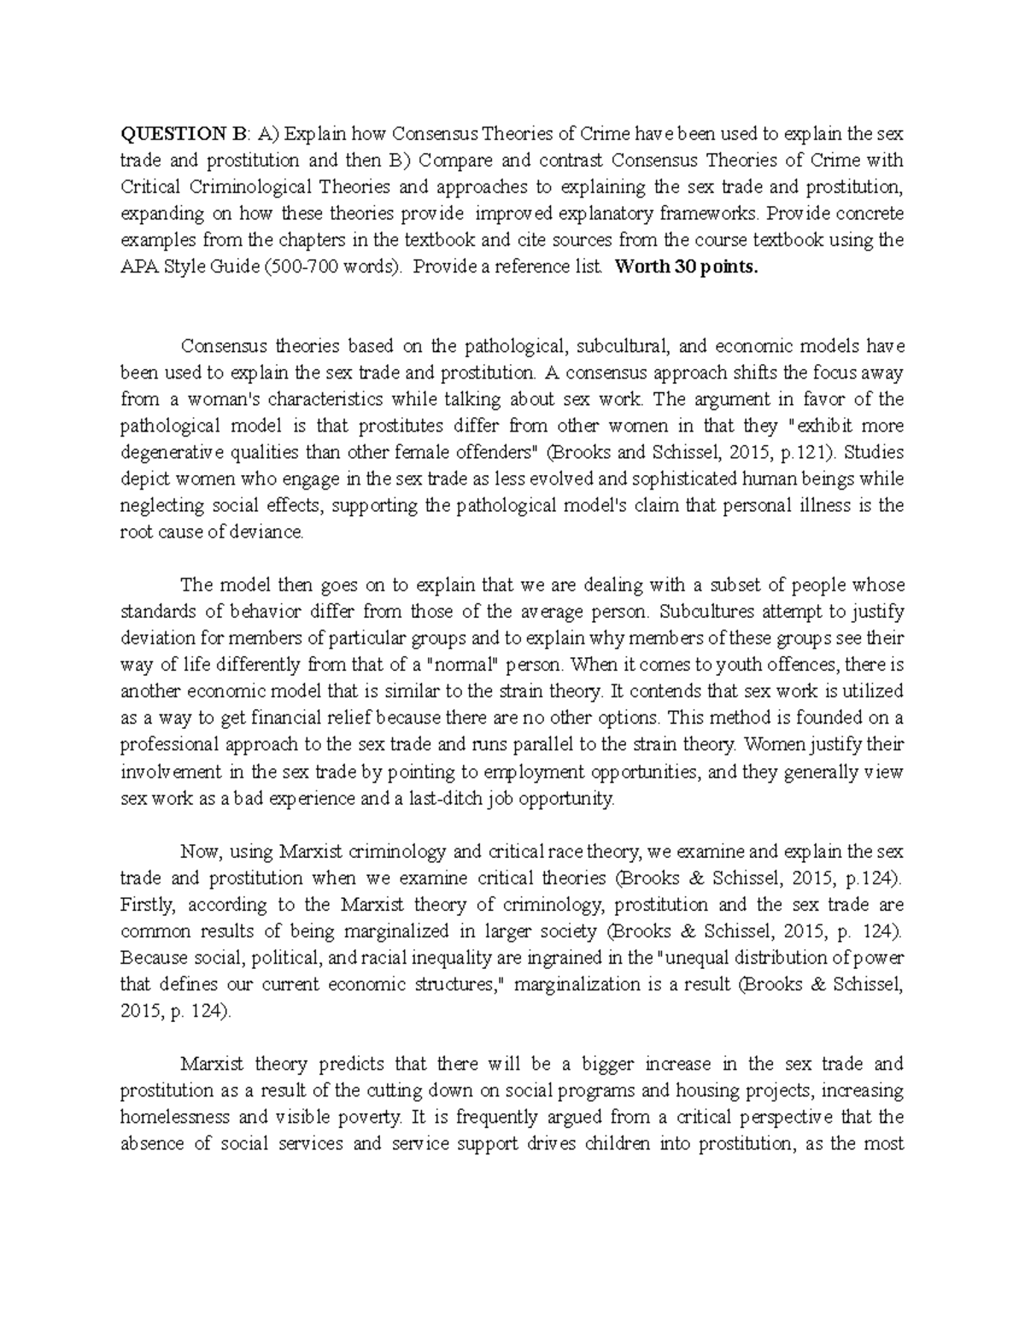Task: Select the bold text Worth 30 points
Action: click(686, 266)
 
